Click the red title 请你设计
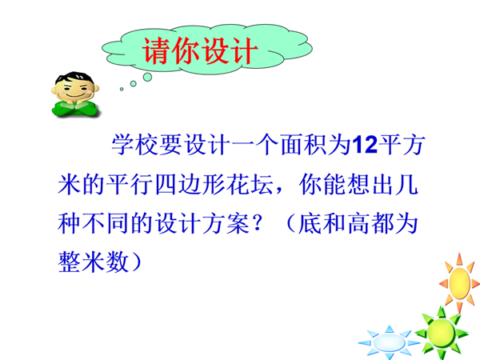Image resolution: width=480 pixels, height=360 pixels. (x=199, y=51)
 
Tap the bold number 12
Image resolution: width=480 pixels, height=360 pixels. (x=365, y=145)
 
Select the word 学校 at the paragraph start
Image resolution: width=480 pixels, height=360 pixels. (x=135, y=145)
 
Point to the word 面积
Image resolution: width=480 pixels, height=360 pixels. (x=304, y=145)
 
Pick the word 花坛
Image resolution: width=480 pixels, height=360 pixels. (x=250, y=185)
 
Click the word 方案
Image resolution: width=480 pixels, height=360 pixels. (x=226, y=223)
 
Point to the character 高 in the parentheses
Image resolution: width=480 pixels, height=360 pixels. (x=358, y=223)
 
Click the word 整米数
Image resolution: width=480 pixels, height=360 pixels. (x=93, y=262)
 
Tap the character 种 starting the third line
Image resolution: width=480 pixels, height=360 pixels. (x=70, y=223)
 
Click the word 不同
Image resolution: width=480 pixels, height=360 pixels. (x=105, y=223)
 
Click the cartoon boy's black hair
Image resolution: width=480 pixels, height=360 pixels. (x=74, y=77)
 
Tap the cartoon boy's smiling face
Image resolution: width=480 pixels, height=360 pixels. (x=75, y=90)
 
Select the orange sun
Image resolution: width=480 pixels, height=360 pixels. (x=459, y=282)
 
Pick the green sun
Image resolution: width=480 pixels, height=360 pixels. (x=442, y=333)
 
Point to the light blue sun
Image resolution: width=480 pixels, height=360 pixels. (x=389, y=342)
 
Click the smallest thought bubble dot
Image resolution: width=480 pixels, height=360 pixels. (x=122, y=89)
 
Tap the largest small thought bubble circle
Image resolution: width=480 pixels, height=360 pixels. (x=147, y=77)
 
